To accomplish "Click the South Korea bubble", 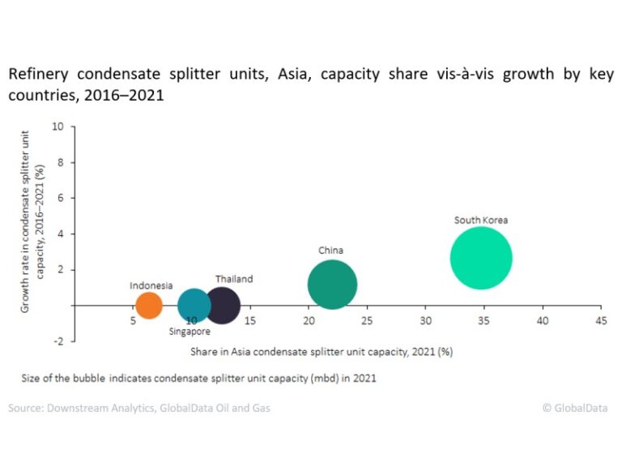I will pos(481,258).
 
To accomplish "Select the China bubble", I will pos(332,285).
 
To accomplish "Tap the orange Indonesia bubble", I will pos(149,306).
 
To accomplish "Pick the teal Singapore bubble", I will pos(194,306).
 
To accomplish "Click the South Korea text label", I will pos(481,220).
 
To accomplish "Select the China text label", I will pos(330,251).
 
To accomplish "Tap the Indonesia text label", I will pos(151,285).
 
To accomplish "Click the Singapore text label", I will pos(190,331).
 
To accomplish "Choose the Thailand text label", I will pos(234,279).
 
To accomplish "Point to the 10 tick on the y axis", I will pos(58,126).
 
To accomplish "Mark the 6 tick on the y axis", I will pos(60,198).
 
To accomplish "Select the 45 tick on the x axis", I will pos(600,321).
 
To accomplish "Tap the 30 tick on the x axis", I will pos(425,321).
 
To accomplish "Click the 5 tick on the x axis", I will pos(133,321).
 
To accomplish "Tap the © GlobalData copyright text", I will pos(574,408).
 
